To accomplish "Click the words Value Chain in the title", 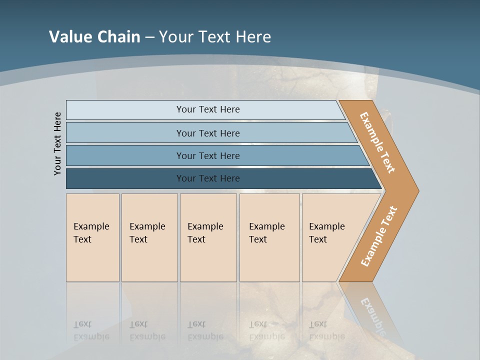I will tap(94, 36).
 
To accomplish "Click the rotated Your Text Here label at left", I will tap(57, 143).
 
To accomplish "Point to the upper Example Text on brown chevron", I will tap(377, 142).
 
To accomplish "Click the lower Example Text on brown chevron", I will tap(379, 236).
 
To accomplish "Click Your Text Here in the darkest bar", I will tap(208, 178).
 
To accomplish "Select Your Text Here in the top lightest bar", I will tap(208, 109).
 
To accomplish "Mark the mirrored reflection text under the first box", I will tap(91, 330).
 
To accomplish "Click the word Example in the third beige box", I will tap(205, 226).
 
